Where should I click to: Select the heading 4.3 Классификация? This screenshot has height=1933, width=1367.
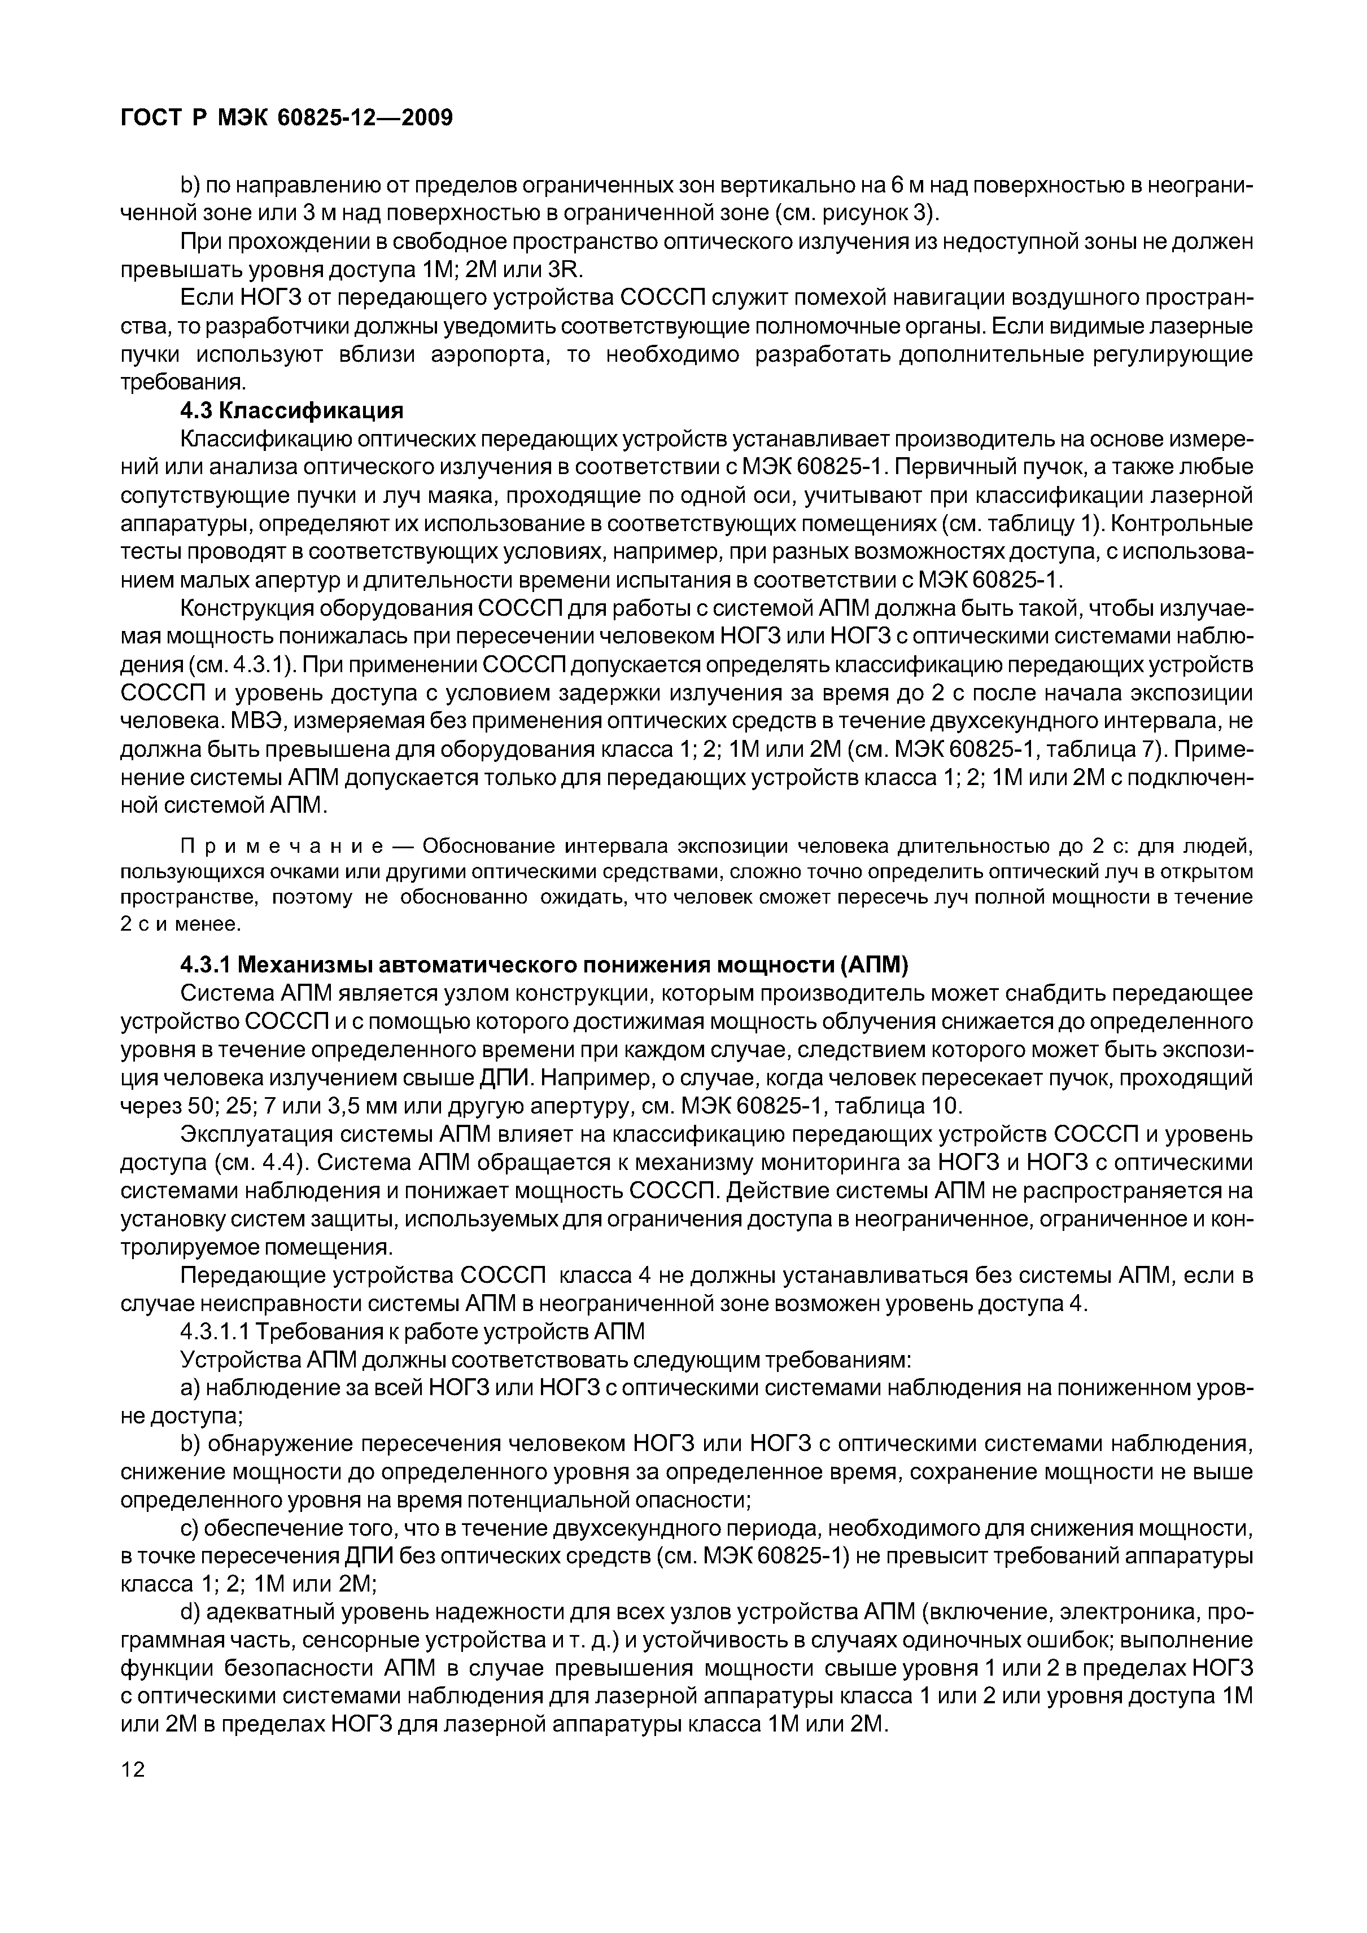[292, 411]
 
